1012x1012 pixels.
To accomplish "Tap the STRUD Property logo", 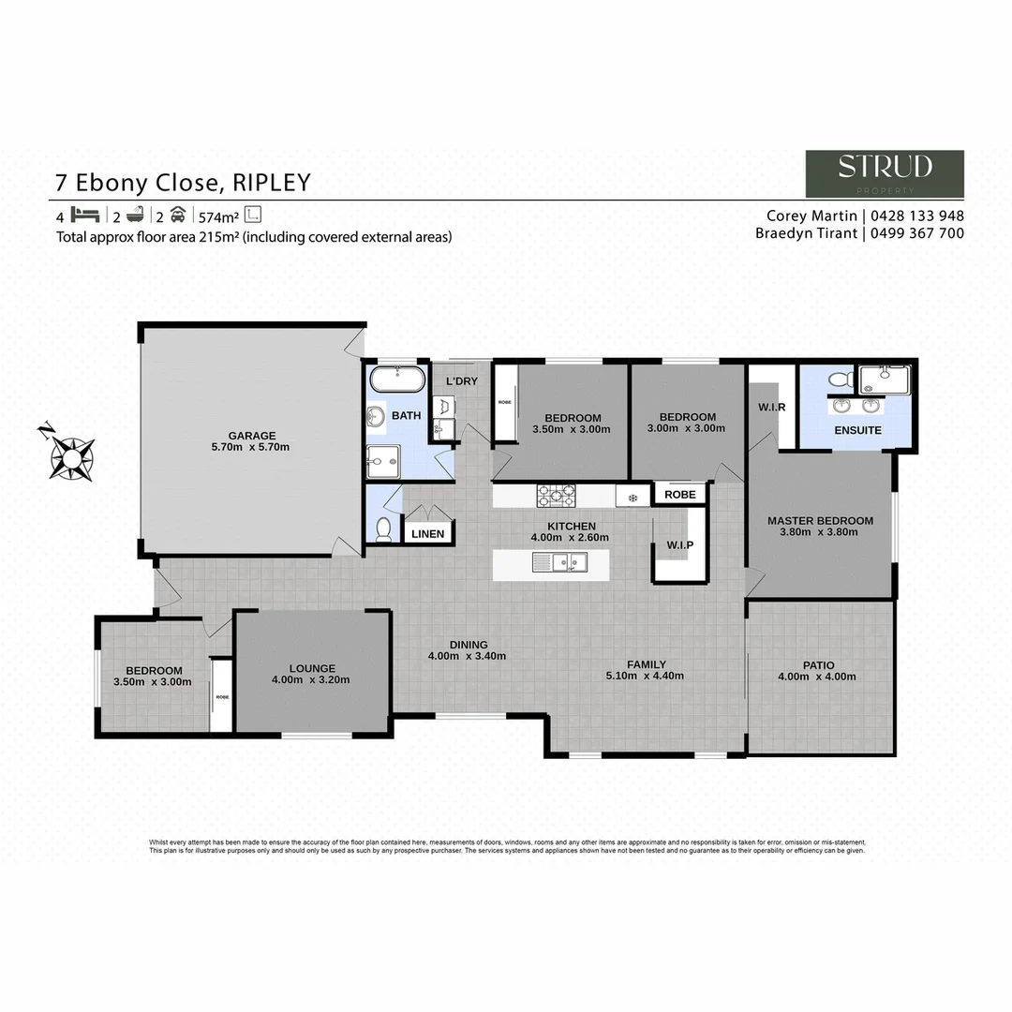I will click(885, 173).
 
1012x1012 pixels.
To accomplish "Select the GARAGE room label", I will click(252, 435).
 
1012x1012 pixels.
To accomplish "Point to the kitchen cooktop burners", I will click(556, 494).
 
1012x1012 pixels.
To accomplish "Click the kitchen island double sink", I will click(559, 562).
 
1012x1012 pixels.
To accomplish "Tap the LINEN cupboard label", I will click(428, 534).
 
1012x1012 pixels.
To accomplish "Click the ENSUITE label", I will click(857, 430).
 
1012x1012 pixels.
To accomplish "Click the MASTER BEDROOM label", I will click(820, 521).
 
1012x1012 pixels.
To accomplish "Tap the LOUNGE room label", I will click(312, 668).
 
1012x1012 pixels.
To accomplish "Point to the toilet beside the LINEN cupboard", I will click(382, 530).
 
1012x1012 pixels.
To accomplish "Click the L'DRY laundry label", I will click(462, 381).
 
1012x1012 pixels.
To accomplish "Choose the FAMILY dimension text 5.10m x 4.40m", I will click(647, 677).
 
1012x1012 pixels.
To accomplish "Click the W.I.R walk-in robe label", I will click(771, 407).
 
